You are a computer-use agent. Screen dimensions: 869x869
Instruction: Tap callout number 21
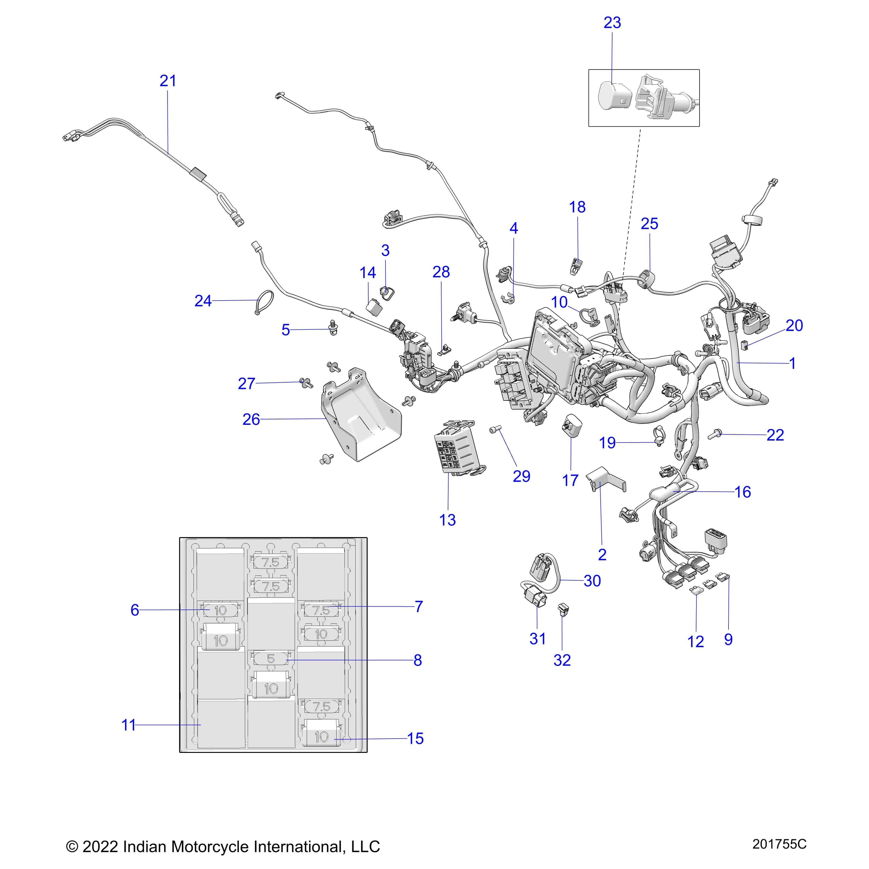(x=168, y=81)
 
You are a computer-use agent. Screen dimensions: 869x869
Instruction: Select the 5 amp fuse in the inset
(x=271, y=659)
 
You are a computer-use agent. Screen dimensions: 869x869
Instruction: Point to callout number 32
(x=562, y=660)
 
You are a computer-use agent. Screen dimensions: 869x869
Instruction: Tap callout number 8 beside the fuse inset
(x=417, y=660)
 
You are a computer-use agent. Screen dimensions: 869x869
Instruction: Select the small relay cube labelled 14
(x=374, y=306)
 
